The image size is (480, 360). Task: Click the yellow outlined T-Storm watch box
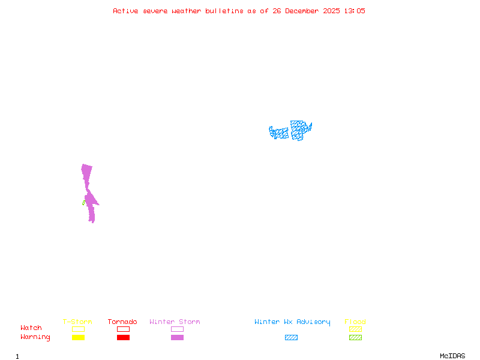click(78, 329)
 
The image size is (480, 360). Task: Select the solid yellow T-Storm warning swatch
click(78, 337)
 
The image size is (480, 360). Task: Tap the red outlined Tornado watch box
click(123, 329)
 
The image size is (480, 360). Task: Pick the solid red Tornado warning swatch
click(123, 337)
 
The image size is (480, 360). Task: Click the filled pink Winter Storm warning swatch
click(177, 337)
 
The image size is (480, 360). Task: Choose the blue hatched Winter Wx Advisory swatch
click(291, 337)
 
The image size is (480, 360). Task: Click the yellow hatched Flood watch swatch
click(355, 329)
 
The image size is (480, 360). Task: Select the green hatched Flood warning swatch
click(355, 337)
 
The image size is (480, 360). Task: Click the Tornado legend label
click(122, 322)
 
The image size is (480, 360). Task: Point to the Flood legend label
click(355, 322)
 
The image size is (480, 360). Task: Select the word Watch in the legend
click(31, 328)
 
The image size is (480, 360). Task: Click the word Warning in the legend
click(35, 337)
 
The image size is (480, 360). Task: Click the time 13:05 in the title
click(355, 11)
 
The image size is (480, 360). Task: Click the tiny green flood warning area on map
click(83, 203)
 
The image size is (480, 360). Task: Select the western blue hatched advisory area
click(278, 133)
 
